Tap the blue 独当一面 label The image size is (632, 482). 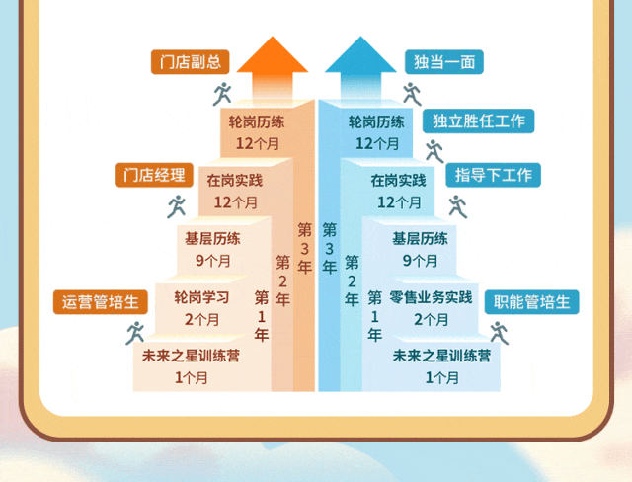(x=443, y=62)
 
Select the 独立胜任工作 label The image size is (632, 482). (x=479, y=121)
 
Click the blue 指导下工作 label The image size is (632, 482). (x=494, y=176)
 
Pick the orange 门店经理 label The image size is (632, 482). (x=150, y=176)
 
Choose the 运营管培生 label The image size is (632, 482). (x=101, y=302)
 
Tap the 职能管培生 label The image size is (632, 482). (x=531, y=302)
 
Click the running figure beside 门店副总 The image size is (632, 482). (x=222, y=94)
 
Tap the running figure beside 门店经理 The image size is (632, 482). (x=177, y=206)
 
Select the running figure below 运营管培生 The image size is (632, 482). (x=134, y=333)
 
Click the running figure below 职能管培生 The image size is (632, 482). (x=497, y=333)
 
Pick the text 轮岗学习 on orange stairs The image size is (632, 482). (x=202, y=297)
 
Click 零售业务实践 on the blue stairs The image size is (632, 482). (x=432, y=297)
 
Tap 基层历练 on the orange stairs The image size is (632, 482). (x=212, y=239)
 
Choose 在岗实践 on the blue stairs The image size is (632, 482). (x=399, y=181)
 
